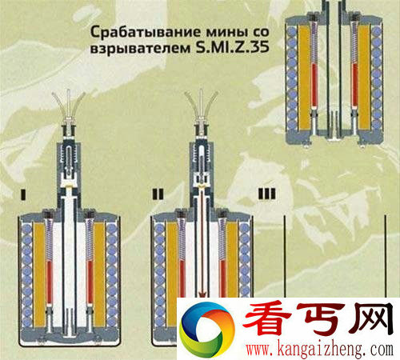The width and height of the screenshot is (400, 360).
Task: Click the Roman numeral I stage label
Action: click(24, 193)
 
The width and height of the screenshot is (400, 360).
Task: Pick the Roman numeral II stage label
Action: click(157, 193)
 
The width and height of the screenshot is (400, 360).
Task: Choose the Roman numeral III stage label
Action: click(266, 193)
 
